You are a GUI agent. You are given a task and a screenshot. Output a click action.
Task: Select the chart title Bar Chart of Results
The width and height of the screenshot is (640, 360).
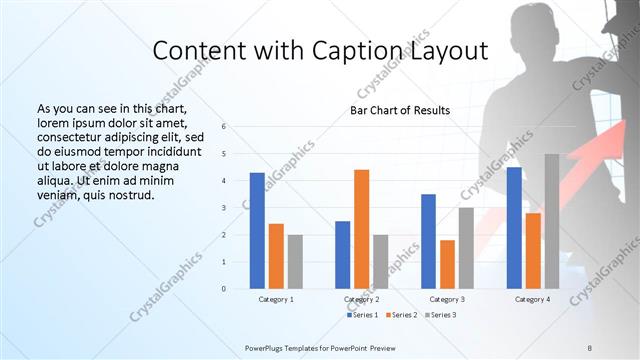coord(399,110)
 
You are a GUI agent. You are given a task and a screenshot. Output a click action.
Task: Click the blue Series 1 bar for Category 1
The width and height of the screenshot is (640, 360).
coord(257,230)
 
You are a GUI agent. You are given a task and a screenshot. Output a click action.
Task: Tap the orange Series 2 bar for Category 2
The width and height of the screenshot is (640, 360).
coord(361,229)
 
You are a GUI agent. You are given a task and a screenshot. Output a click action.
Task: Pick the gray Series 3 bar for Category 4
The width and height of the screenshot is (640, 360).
coord(551,221)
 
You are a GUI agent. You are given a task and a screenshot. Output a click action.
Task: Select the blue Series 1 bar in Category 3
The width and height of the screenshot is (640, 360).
coord(428,241)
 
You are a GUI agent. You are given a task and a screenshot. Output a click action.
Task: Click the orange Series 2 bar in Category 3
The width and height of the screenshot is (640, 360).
coord(446,264)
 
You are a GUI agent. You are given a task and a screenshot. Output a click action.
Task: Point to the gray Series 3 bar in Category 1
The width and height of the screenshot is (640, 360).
coord(294,261)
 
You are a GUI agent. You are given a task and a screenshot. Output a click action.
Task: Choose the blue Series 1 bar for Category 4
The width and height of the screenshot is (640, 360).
coord(514,228)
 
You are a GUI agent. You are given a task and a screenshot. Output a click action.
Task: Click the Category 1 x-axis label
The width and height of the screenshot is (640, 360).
coord(276,299)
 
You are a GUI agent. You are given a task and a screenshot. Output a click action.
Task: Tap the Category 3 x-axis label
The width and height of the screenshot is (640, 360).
coord(447,299)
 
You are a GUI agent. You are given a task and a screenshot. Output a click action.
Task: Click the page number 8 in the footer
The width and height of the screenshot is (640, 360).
coord(590,346)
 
